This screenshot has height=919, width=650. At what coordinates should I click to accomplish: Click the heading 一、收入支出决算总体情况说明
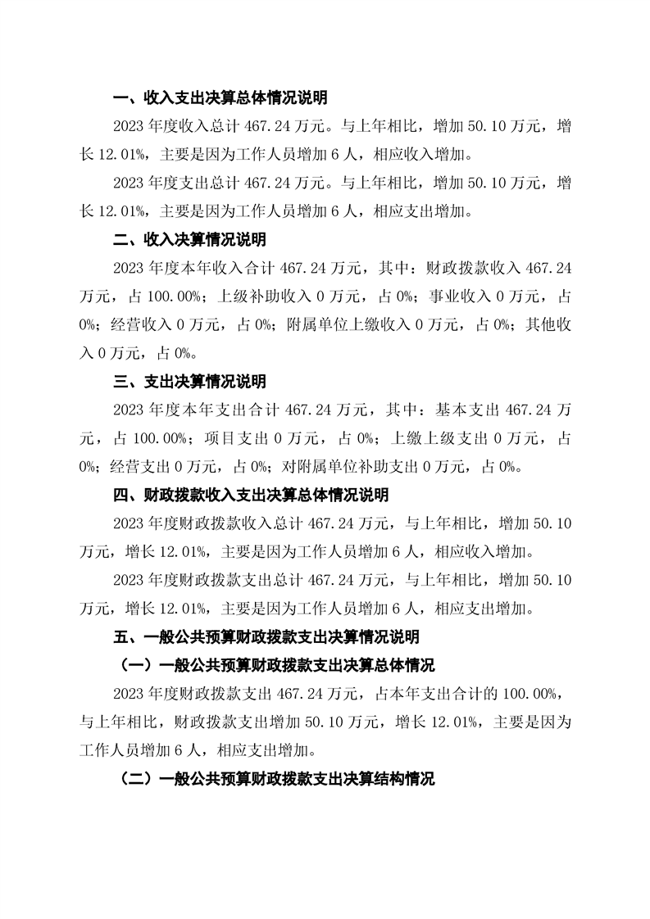220,98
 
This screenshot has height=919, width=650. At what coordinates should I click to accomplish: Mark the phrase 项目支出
235,438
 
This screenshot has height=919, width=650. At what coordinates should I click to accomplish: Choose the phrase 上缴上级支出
425,438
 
